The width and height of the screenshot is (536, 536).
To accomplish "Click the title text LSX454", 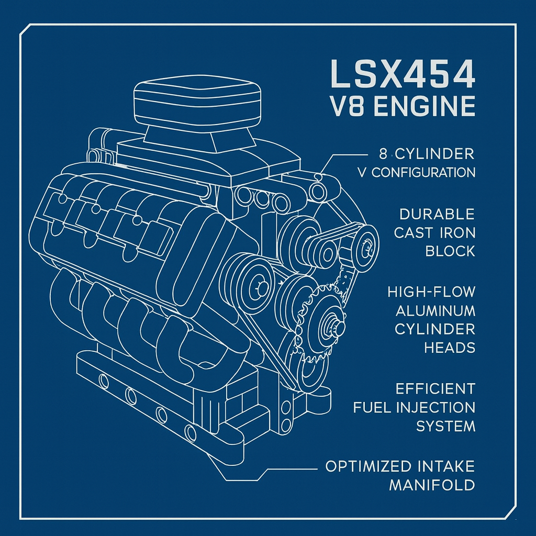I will point(403,74).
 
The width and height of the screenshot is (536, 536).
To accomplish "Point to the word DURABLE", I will point(437,214).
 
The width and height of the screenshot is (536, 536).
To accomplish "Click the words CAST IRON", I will point(434,232).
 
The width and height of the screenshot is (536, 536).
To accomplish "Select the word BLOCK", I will point(450,251).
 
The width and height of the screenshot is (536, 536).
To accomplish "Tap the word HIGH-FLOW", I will point(431,292).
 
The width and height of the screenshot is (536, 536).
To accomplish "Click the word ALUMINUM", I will point(435,310).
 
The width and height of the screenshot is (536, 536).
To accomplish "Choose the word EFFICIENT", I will point(435,388).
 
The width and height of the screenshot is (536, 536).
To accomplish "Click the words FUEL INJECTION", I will point(414,407).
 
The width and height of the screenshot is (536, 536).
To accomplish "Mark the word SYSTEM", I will point(445,426).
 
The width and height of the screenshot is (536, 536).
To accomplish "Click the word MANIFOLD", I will point(432,485).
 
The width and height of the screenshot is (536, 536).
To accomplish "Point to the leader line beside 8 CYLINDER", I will point(345,155).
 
